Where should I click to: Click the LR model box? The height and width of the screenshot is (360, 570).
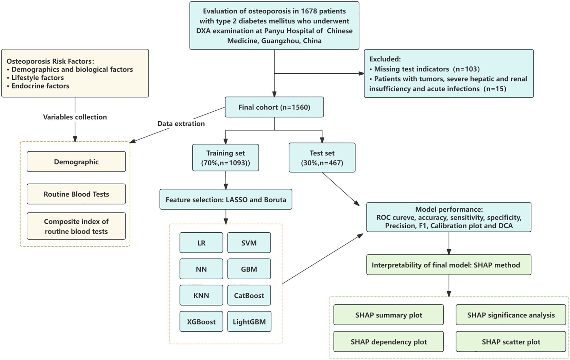point(201,243)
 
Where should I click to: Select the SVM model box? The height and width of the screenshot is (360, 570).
point(249,243)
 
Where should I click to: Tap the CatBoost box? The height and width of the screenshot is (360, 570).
point(249,295)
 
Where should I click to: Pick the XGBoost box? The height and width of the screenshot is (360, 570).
point(201,321)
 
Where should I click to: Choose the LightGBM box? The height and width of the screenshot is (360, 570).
point(249,321)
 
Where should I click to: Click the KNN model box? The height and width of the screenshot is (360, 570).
point(201,295)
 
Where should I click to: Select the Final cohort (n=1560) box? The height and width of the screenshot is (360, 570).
point(274,107)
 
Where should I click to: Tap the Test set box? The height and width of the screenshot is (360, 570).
point(322,158)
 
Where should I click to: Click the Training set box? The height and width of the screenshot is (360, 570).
point(225,158)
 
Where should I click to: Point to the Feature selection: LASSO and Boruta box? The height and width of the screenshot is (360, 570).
point(226,199)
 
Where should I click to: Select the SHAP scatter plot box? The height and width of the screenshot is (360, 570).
point(511,342)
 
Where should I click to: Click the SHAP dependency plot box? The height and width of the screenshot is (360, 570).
point(389,342)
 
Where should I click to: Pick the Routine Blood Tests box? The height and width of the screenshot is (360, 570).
point(76,194)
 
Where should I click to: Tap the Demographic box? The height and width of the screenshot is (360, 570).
point(76,162)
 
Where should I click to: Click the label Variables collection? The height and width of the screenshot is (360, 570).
point(75,117)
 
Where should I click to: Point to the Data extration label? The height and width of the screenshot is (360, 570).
point(181,124)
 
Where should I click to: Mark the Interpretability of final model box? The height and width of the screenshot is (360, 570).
point(449,265)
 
